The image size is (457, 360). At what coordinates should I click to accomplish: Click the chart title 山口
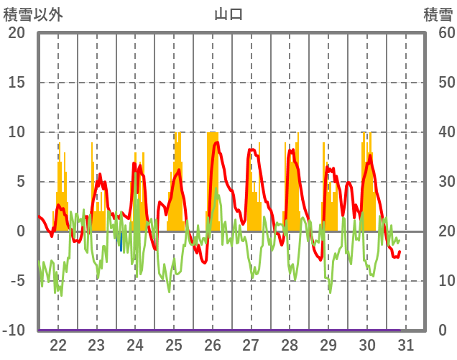click(x=228, y=14)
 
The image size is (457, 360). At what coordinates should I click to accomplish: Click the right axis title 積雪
click(x=438, y=14)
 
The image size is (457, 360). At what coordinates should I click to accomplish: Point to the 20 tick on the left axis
click(x=16, y=33)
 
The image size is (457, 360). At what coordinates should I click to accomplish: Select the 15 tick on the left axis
click(x=16, y=83)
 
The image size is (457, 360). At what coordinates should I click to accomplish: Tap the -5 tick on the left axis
click(x=16, y=281)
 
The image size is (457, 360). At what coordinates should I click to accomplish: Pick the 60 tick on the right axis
click(x=446, y=33)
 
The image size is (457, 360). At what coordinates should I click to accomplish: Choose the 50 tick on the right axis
click(x=446, y=83)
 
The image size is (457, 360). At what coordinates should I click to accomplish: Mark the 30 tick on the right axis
click(x=446, y=182)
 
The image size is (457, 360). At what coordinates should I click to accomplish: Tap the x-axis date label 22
click(x=58, y=345)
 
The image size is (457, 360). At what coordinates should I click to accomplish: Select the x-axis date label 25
click(x=174, y=345)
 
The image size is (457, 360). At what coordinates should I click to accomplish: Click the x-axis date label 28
click(x=290, y=345)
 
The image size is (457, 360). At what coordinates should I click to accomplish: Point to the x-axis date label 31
click(x=405, y=345)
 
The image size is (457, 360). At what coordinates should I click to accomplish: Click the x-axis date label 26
click(x=213, y=345)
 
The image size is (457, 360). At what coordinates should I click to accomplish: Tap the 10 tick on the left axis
click(x=16, y=132)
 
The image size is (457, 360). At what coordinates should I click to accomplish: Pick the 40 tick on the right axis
click(x=446, y=132)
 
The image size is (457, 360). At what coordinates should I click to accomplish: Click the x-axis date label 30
click(x=367, y=345)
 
